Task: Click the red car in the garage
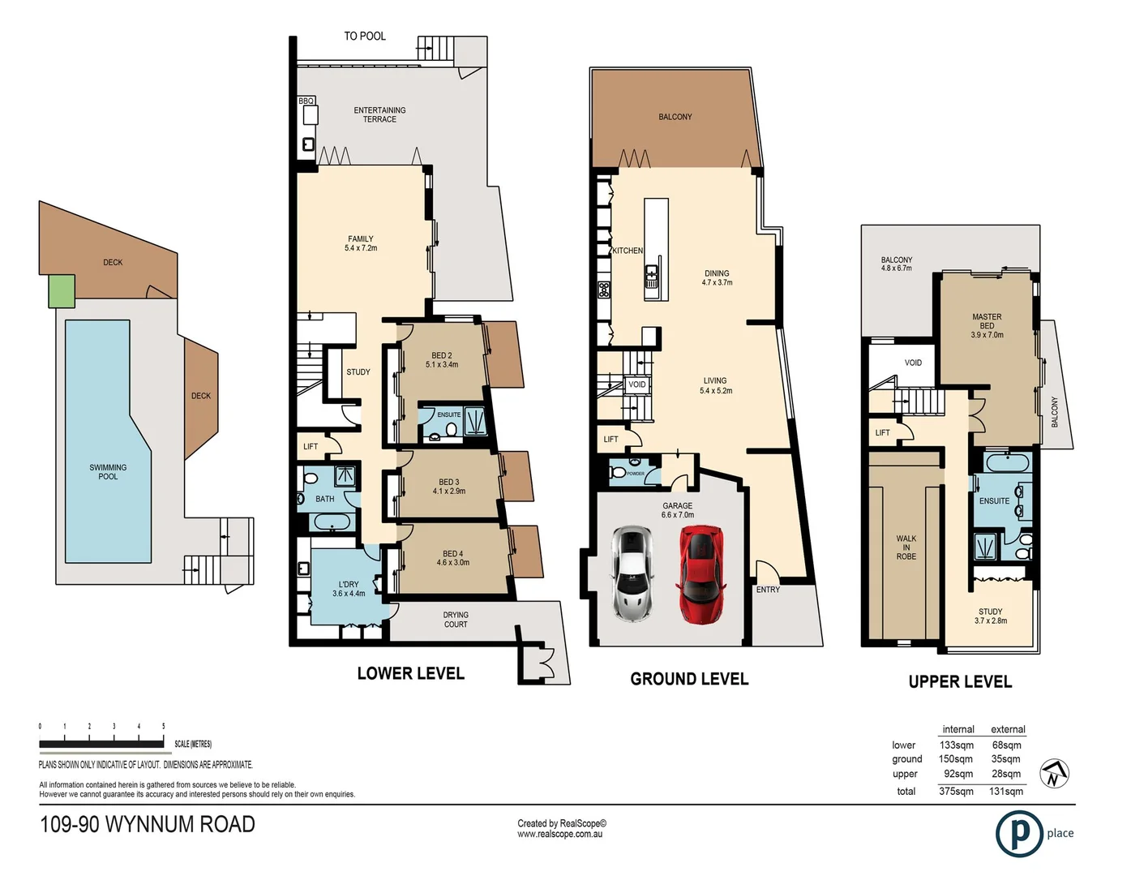700,574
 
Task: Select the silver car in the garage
631,573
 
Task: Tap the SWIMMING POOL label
108,472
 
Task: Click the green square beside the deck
62,291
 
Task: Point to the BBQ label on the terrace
306,101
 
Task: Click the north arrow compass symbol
1054,773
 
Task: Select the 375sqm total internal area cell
956,792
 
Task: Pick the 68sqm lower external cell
1006,745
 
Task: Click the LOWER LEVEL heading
410,674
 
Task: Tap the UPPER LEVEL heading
960,682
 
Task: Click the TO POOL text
365,36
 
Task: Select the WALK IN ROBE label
906,547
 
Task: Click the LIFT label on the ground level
610,440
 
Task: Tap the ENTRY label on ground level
768,590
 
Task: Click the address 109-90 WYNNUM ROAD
148,825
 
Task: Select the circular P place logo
1018,833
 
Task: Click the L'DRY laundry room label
349,588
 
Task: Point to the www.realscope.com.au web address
559,835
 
